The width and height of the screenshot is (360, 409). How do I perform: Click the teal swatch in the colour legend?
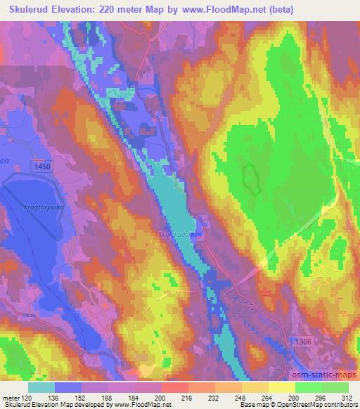(41, 387)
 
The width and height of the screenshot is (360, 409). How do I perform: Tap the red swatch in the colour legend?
(176, 387)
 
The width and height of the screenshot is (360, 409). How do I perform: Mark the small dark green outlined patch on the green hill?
(250, 178)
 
